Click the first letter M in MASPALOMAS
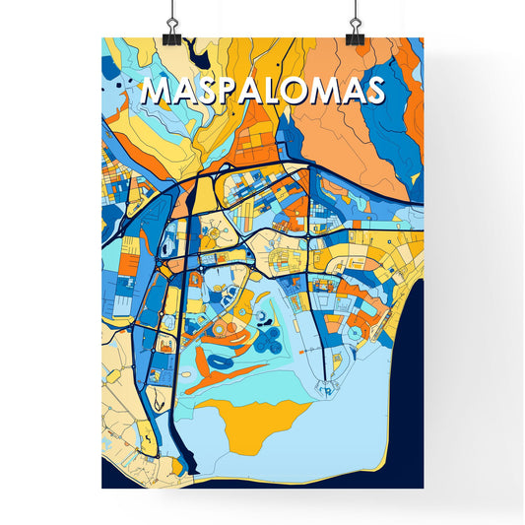pos(158,91)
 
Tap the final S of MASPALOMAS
pos(373,91)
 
